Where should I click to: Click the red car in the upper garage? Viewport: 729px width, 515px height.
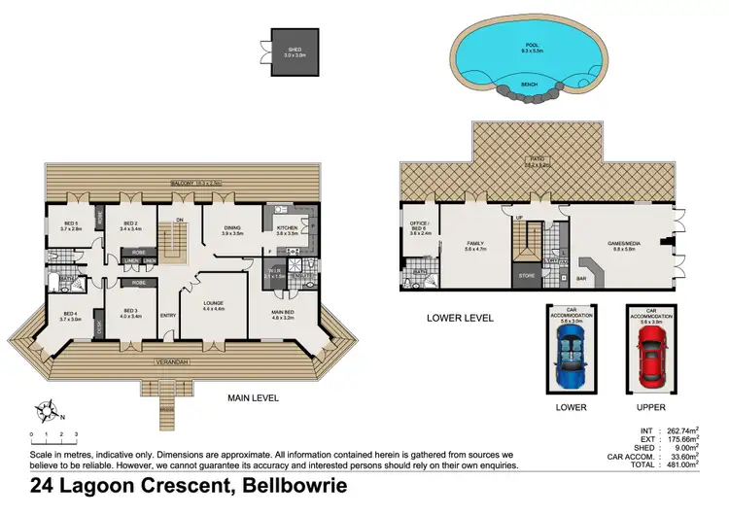[x=651, y=353]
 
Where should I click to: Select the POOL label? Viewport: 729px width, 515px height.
[x=531, y=46]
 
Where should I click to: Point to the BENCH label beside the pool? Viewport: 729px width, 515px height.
[x=530, y=85]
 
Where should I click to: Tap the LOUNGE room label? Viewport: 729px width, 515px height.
[x=214, y=305]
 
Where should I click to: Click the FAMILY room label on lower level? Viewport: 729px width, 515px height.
[x=475, y=245]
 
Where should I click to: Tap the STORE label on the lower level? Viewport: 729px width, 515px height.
[x=528, y=275]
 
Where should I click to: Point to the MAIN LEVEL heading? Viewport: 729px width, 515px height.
[x=254, y=398]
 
